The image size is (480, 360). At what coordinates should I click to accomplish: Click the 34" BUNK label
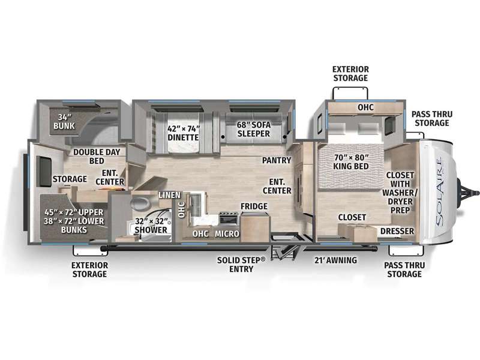[64, 122]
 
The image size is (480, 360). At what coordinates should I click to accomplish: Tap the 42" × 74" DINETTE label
[183, 133]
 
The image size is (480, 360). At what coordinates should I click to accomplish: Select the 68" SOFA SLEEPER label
[254, 129]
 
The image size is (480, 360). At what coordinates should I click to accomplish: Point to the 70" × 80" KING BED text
[351, 162]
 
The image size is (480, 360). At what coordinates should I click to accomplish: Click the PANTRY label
[277, 160]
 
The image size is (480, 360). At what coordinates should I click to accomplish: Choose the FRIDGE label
[254, 206]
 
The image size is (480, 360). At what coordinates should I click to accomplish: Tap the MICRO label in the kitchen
[227, 234]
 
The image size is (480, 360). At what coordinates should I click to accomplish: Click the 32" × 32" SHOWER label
[151, 226]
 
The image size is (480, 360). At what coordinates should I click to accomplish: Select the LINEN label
[169, 195]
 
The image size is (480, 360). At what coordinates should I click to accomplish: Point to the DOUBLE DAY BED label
[97, 157]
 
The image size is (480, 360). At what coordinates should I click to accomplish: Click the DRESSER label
[397, 231]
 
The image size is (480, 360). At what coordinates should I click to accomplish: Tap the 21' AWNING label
[335, 260]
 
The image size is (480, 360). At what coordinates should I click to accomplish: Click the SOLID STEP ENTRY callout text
[241, 265]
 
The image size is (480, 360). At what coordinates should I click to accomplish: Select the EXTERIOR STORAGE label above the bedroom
[350, 73]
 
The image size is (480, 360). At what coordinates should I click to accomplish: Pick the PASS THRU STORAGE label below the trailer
[404, 269]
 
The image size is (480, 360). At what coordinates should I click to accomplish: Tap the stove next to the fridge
[229, 219]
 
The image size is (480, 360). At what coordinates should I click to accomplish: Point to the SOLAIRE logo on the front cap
[440, 192]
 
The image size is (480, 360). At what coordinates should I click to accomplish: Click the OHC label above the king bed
[366, 107]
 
